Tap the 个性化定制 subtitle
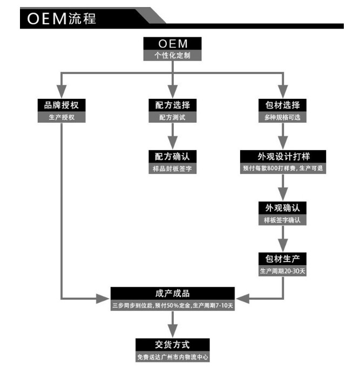point(172,55)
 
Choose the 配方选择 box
point(172,105)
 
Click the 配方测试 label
point(172,117)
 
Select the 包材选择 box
point(283,105)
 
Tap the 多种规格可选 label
point(283,117)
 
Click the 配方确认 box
point(172,156)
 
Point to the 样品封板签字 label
point(172,169)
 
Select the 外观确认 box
point(283,208)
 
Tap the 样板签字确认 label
point(283,220)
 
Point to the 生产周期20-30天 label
point(283,271)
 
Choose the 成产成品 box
point(173,293)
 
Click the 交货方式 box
point(172,344)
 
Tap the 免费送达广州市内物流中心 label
point(172,357)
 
